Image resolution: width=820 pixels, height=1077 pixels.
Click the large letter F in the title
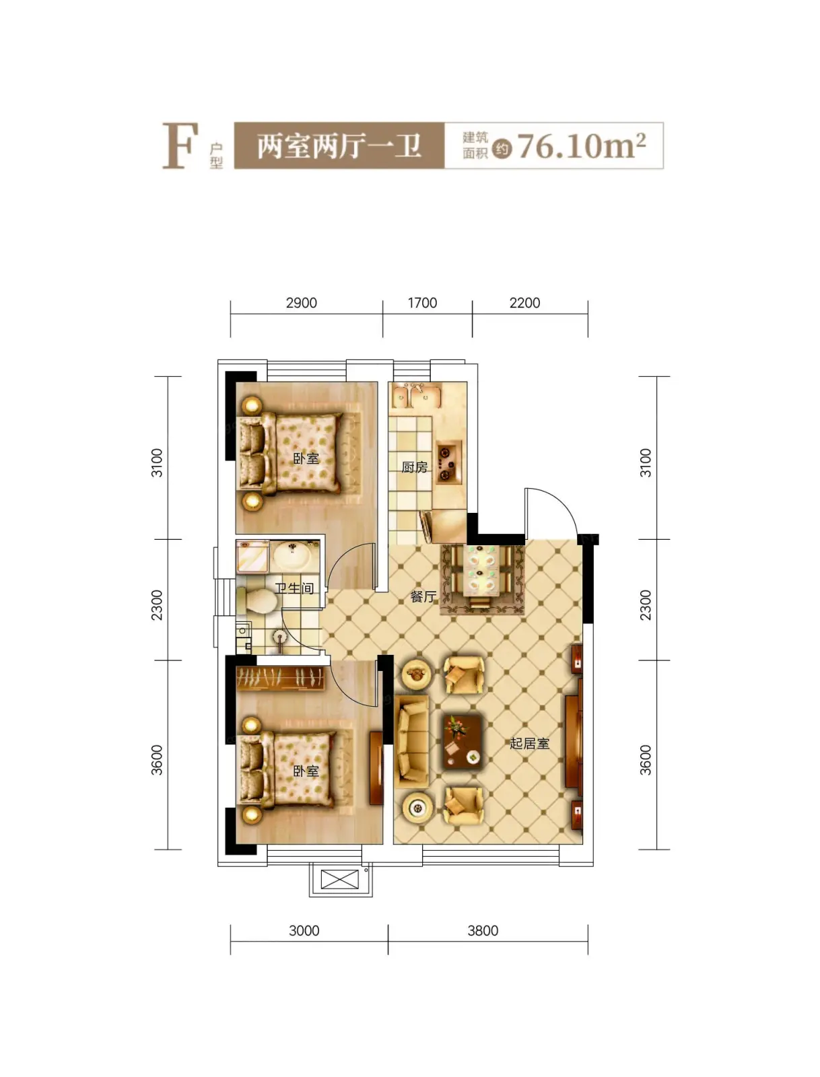coord(180,145)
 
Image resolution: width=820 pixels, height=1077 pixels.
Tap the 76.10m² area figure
coord(581,145)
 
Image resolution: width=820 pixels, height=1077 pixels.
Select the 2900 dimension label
coord(302,303)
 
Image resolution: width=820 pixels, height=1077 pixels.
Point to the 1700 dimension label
coord(422,303)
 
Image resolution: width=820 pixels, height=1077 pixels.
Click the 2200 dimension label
coord(524,303)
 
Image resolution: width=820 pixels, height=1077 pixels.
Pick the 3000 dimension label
coord(304,931)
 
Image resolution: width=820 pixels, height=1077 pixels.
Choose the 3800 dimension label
coord(483,931)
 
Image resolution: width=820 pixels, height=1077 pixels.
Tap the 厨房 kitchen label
coord(414,467)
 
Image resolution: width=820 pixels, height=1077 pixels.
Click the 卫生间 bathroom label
coord(294,588)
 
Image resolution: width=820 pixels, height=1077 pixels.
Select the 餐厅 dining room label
coord(423,596)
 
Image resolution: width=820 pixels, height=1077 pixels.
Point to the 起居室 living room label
coord(529,743)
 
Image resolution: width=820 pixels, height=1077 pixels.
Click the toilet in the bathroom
coord(256,600)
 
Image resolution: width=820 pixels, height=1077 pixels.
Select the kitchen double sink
coord(416,396)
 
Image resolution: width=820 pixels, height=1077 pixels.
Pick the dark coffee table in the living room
coord(463,742)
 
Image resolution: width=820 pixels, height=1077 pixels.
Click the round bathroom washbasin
coord(292,557)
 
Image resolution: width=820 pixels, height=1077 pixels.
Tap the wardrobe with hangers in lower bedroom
coord(280,678)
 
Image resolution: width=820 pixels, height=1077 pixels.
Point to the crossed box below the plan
coord(339,879)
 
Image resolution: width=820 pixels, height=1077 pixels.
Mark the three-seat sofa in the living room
coord(412,742)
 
